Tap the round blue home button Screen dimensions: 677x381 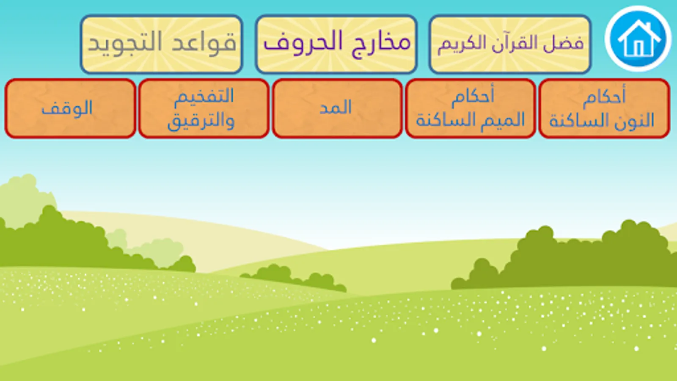click(638, 39)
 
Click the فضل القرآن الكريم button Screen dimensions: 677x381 click(510, 44)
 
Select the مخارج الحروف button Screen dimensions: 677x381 click(336, 44)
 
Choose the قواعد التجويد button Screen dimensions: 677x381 click(162, 44)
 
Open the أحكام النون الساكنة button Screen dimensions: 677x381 click(604, 108)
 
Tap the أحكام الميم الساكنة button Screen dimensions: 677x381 click(470, 108)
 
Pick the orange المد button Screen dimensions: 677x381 click(337, 108)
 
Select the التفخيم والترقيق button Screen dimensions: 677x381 click(204, 108)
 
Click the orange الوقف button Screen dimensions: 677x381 click(70, 108)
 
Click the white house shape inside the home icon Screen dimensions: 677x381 click(638, 39)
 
